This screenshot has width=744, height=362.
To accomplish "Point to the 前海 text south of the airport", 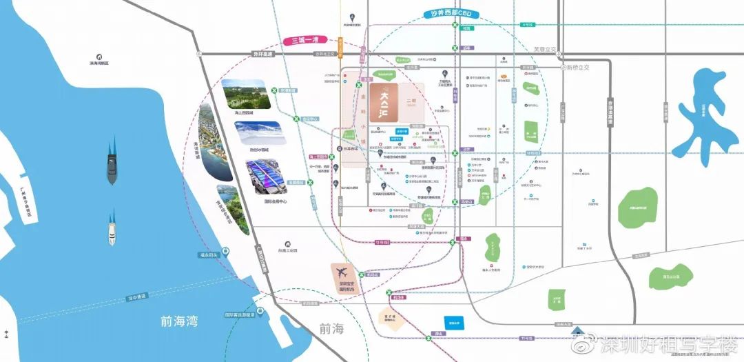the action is (x=331, y=328).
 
